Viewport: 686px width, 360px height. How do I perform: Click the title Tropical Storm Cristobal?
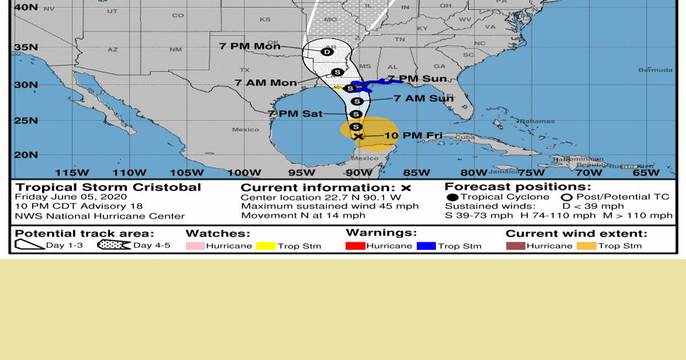109,187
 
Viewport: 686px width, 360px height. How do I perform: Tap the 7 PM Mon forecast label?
249,47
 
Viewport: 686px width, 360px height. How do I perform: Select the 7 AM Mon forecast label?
265,83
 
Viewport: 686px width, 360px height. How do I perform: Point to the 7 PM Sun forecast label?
417,79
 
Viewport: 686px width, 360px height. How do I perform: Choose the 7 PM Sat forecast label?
294,114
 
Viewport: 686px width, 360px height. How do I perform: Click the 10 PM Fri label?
413,135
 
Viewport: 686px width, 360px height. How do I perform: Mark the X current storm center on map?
358,137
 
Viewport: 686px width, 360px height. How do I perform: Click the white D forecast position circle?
327,52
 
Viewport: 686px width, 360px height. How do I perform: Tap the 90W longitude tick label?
358,172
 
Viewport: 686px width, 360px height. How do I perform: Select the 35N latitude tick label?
26,47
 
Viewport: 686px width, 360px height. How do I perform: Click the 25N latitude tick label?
26,120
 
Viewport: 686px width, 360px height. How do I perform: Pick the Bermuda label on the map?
655,70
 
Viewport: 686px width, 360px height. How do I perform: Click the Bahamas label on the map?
538,122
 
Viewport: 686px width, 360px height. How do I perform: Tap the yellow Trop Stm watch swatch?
265,246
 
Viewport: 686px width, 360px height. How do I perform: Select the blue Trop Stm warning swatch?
426,246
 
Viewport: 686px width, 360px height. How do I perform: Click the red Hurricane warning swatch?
356,246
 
